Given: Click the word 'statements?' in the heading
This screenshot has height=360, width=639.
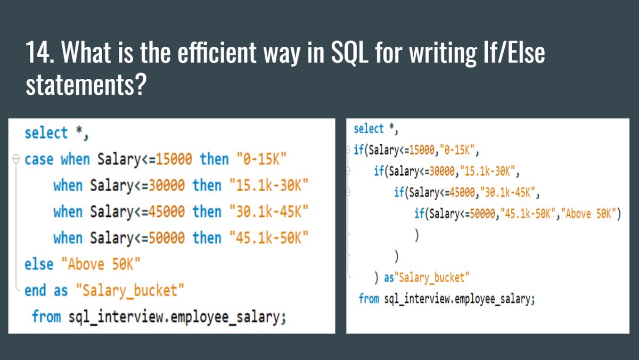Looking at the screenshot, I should coord(86,85).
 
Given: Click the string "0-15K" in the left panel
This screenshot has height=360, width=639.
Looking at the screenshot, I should coord(258,159).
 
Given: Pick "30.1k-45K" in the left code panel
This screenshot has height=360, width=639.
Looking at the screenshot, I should coord(269,211).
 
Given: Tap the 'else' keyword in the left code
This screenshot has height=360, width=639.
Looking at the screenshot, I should coord(39,264).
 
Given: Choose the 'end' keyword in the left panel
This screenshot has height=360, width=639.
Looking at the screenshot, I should coord(35,291).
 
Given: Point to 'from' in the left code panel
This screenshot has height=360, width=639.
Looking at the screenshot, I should coord(46,317).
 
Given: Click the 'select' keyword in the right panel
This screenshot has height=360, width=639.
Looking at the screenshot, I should coord(368,129).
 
